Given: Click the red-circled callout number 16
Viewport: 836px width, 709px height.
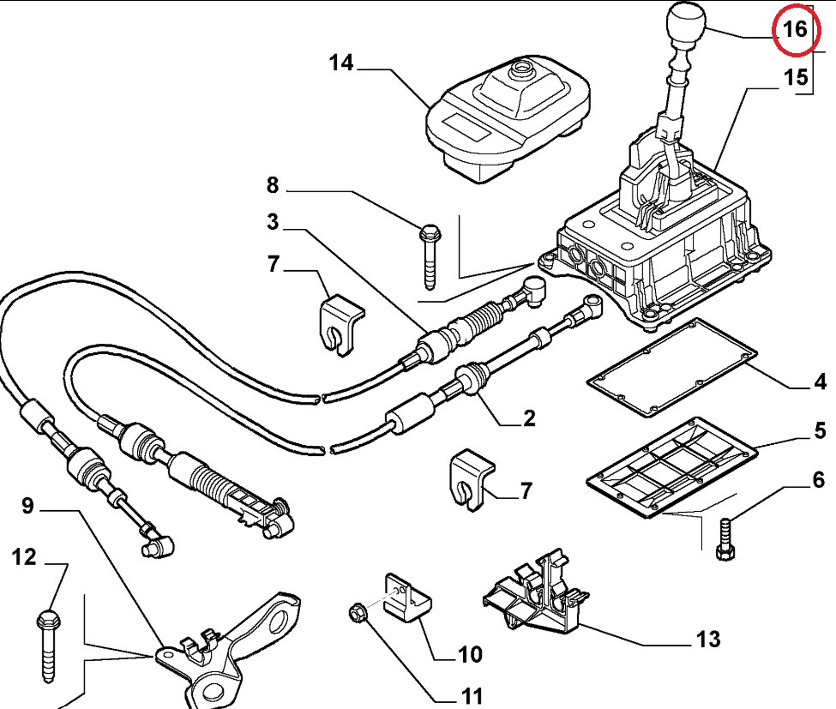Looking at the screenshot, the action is click(795, 28).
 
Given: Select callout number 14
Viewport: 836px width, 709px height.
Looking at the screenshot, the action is click(341, 63).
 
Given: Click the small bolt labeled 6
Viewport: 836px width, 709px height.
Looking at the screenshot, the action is click(725, 538).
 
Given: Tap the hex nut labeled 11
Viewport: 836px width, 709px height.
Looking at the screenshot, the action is click(357, 612).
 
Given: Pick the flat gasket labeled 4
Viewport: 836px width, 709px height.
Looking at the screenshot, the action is click(671, 368).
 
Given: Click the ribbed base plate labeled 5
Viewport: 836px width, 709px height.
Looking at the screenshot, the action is click(671, 468).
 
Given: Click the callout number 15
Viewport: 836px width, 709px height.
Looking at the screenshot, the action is click(796, 78).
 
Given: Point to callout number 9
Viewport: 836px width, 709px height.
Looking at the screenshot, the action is click(27, 505).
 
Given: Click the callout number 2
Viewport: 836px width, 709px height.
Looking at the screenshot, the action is click(529, 418).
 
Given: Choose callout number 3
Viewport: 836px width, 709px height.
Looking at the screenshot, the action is click(273, 221).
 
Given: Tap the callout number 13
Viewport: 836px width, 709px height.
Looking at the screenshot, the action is click(708, 638).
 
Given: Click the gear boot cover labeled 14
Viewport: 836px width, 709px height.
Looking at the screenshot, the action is click(508, 117).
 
